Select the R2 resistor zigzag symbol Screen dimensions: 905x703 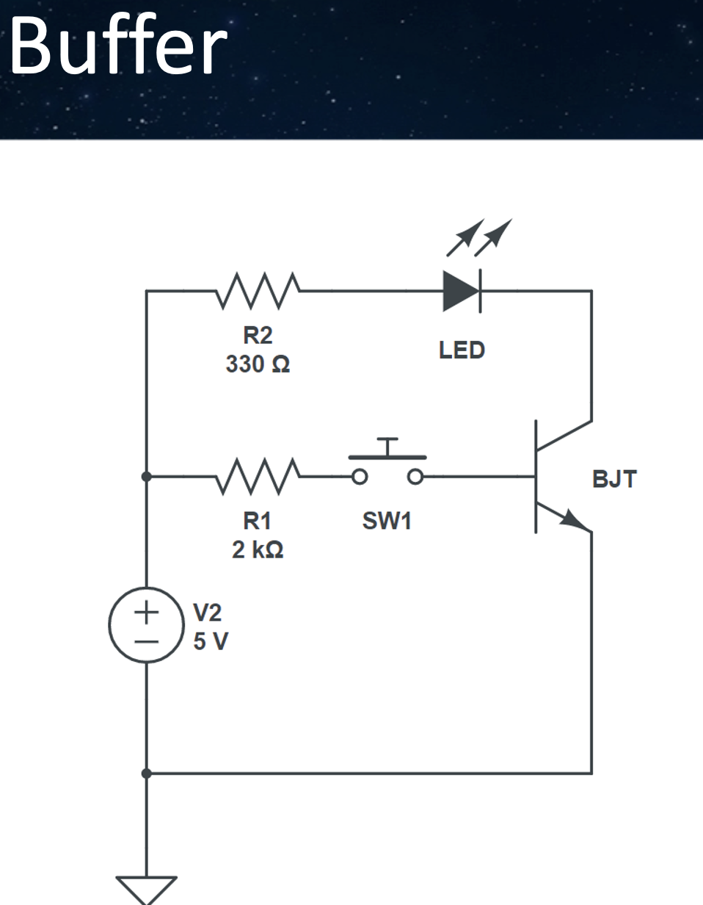pos(258,291)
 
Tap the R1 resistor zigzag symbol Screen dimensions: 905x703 pos(258,476)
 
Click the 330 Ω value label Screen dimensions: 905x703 pos(258,365)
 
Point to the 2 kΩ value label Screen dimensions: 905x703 pos(258,549)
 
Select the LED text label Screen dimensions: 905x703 pos(462,350)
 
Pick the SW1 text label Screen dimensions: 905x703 pos(387,521)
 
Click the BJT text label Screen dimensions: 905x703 pos(614,480)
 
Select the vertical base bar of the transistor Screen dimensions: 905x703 pos(536,476)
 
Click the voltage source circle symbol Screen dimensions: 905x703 pos(146,625)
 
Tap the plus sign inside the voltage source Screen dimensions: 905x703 pos(146,611)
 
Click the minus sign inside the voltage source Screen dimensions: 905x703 pos(146,641)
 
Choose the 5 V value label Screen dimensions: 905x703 pos(211,641)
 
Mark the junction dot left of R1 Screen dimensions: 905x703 pos(146,476)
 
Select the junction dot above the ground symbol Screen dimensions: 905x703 pos(146,774)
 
